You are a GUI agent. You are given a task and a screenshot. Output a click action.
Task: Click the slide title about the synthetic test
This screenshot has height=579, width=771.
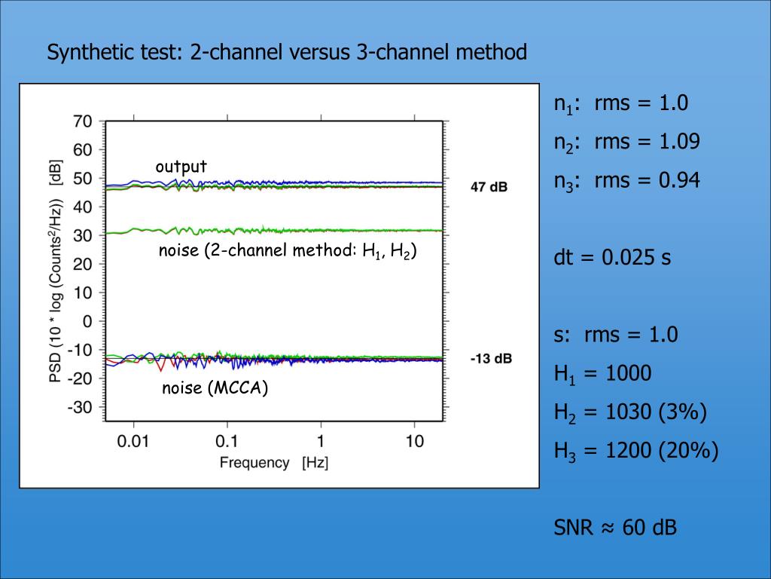tap(287, 53)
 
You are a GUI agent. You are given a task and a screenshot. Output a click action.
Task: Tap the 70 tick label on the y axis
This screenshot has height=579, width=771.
tap(82, 121)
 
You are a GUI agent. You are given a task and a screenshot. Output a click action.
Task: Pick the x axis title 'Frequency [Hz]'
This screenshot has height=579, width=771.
tap(274, 462)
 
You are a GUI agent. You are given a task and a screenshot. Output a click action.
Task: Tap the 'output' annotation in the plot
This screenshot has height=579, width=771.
tap(181, 166)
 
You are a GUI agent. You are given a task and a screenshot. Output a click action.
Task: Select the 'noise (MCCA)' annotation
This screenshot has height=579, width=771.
tap(215, 389)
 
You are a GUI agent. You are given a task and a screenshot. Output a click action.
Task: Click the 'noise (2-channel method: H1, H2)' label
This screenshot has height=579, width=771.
tap(287, 252)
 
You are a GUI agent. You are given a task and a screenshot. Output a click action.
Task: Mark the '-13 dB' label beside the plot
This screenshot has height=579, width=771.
tap(490, 359)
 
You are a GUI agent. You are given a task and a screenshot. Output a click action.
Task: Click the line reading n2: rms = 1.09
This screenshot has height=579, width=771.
tap(627, 142)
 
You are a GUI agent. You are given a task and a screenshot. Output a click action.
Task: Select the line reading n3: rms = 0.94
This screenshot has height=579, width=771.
tap(627, 181)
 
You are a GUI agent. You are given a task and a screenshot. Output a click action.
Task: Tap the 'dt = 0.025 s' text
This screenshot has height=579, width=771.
tap(612, 258)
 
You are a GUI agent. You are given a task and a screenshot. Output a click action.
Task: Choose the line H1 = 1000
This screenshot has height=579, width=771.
tap(602, 374)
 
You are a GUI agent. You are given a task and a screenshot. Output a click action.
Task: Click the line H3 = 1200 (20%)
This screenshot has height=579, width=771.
tap(636, 451)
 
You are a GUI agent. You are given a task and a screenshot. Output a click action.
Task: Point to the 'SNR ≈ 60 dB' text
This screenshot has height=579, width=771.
tap(615, 528)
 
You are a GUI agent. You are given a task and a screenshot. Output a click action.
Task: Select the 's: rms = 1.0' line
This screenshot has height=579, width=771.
tap(616, 335)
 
